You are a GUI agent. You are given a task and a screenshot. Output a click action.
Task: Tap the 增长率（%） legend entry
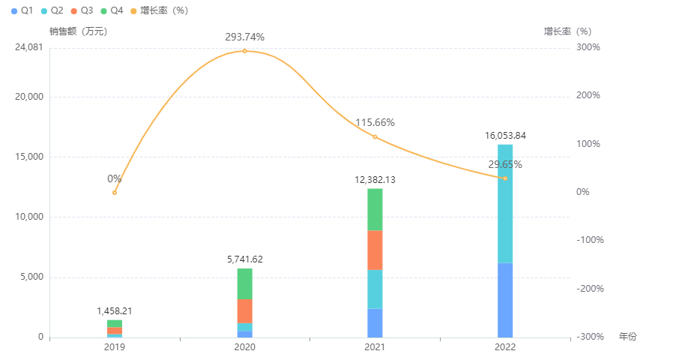coord(158,10)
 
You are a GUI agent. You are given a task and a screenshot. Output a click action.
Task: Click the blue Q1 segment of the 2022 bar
coord(505,300)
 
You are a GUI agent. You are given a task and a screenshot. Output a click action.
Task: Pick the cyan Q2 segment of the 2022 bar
coord(505,203)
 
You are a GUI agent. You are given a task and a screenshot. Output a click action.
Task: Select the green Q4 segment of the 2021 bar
coord(375,209)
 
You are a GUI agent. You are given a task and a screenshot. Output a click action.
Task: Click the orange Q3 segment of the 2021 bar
coord(375,250)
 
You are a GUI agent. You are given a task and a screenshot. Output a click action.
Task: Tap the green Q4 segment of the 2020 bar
coord(244,283)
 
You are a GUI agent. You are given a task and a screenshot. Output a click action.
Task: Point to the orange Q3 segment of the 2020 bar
coord(244,311)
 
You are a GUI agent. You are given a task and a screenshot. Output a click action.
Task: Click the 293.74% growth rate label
coord(244,37)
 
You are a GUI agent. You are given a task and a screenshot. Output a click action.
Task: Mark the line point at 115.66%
coord(375,136)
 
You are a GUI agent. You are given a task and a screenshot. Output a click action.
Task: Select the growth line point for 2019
coord(115,193)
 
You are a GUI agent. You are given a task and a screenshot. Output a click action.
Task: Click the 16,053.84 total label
coord(505,136)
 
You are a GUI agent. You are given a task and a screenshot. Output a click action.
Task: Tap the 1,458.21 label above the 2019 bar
coord(115,310)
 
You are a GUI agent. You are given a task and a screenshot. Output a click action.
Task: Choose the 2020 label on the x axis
coord(244,348)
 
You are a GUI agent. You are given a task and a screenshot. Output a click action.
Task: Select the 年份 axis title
coord(627,337)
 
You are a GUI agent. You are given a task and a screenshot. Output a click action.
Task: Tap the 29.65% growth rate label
coord(505,164)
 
